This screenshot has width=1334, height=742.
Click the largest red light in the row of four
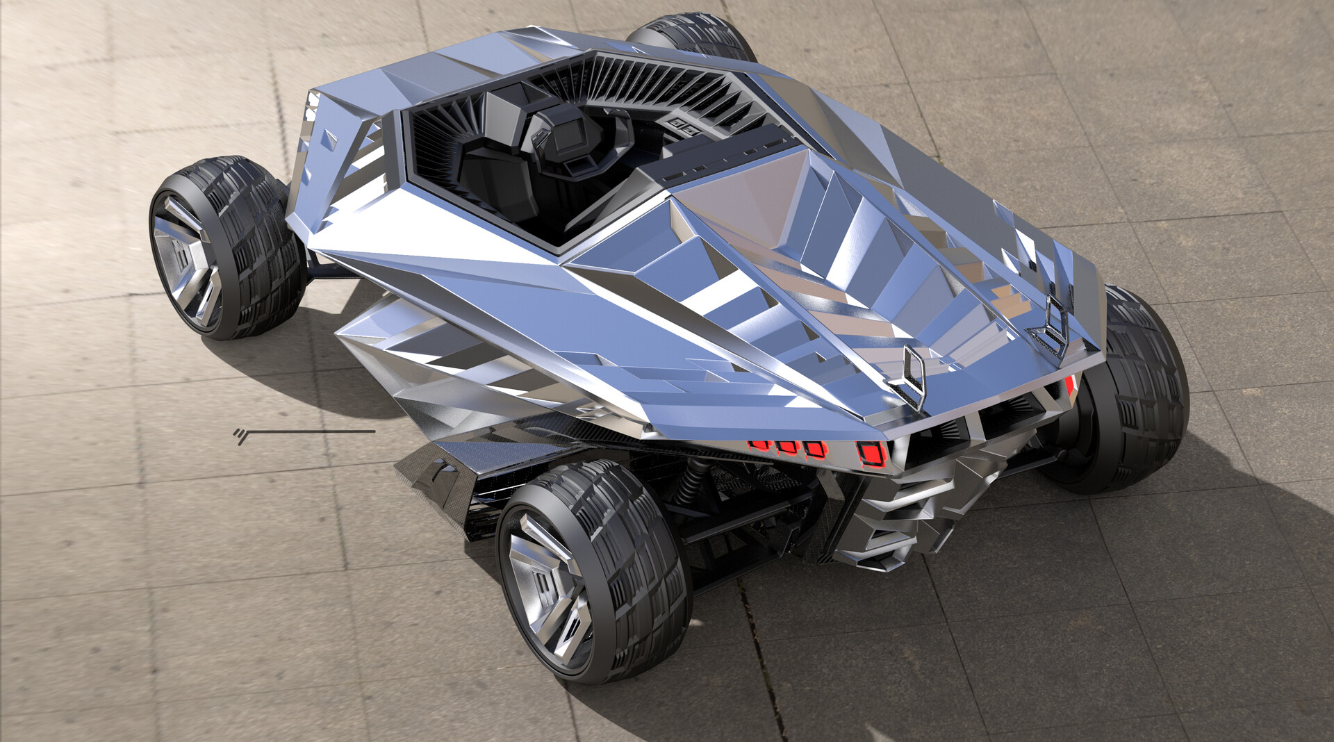871,453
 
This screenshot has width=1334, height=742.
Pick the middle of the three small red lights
787,446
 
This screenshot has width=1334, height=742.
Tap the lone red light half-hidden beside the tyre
1071,386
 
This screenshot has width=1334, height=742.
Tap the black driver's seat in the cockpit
500,167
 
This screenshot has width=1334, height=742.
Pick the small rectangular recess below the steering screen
577,167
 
